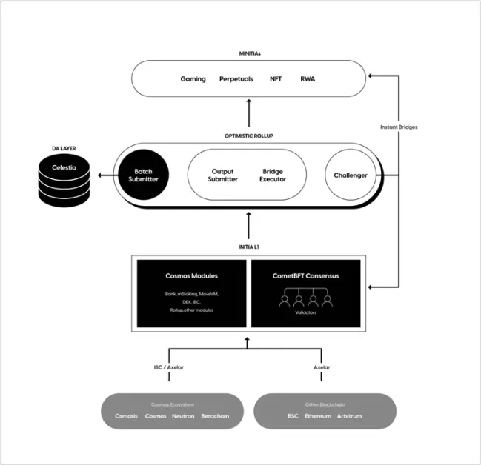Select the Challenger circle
(346, 175)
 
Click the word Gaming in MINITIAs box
(193, 78)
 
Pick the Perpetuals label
(236, 78)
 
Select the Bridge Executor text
(273, 175)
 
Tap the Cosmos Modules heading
(192, 276)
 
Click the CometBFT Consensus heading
(304, 276)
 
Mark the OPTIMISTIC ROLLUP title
(248, 136)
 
